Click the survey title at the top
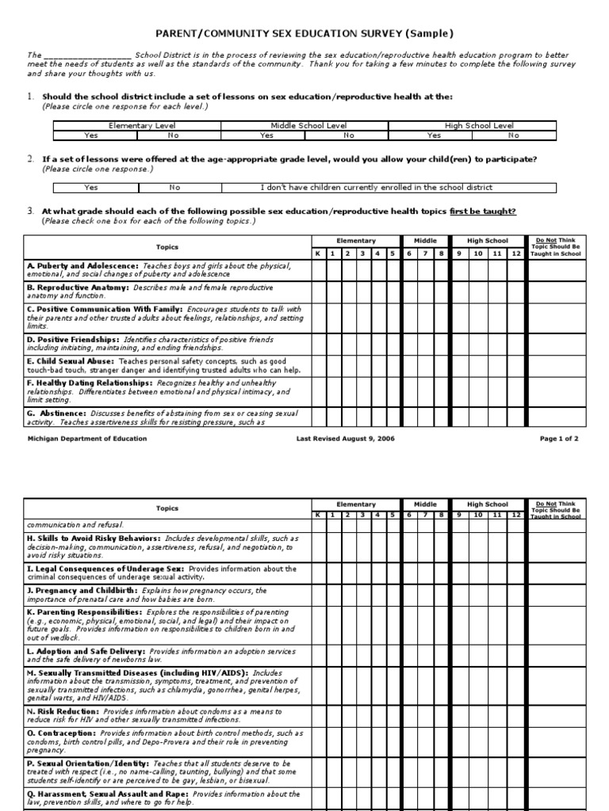pos(304,33)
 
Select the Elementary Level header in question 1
pos(136,125)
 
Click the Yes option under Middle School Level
pos(265,135)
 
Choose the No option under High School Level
pos(515,135)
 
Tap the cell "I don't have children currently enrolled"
pos(388,188)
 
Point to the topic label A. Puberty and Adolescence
pos(82,265)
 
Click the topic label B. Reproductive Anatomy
pos(79,287)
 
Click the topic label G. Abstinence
pos(57,413)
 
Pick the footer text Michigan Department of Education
pos(82,438)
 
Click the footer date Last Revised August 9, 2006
pos(345,438)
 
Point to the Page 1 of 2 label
pos(559,438)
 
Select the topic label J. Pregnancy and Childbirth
pos(82,590)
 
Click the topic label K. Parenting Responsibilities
pos(85,612)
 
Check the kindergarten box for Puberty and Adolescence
pos(318,270)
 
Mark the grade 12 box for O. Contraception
pos(516,741)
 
